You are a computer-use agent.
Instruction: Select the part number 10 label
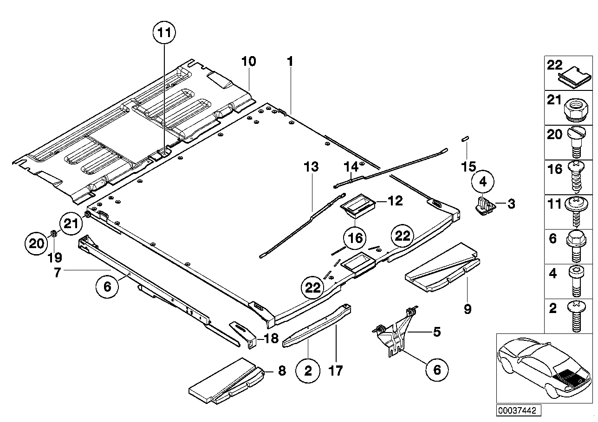click(x=248, y=62)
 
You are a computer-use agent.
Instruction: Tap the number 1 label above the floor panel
click(x=290, y=61)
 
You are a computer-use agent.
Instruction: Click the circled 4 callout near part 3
click(x=483, y=182)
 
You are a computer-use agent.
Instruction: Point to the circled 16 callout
click(x=355, y=238)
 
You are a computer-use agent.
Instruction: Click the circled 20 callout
click(x=36, y=242)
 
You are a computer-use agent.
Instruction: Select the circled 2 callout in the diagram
click(x=309, y=371)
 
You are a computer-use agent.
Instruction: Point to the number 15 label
click(x=469, y=166)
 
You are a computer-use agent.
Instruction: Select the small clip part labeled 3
click(x=483, y=205)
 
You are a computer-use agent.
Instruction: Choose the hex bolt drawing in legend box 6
click(x=576, y=246)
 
